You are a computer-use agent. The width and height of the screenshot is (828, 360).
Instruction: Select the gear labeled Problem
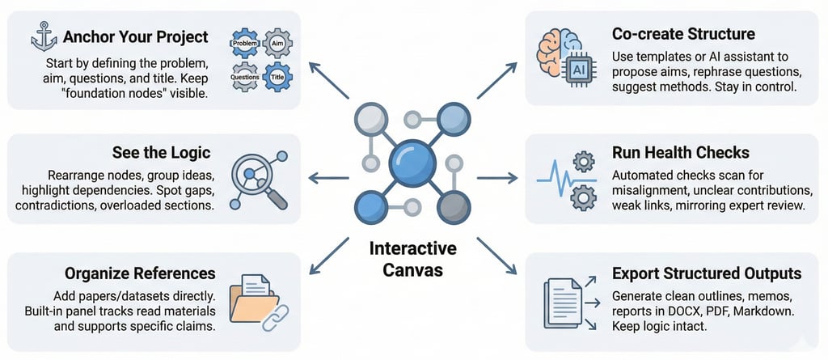click(x=244, y=41)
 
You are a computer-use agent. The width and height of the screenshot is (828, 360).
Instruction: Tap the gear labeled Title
click(x=278, y=74)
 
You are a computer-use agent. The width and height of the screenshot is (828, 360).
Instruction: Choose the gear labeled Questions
click(x=245, y=74)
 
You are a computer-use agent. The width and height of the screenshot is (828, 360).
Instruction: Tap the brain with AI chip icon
click(x=564, y=57)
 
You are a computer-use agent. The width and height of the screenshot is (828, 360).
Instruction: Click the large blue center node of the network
click(x=412, y=162)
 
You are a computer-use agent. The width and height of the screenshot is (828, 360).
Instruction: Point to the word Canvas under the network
click(x=412, y=269)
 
